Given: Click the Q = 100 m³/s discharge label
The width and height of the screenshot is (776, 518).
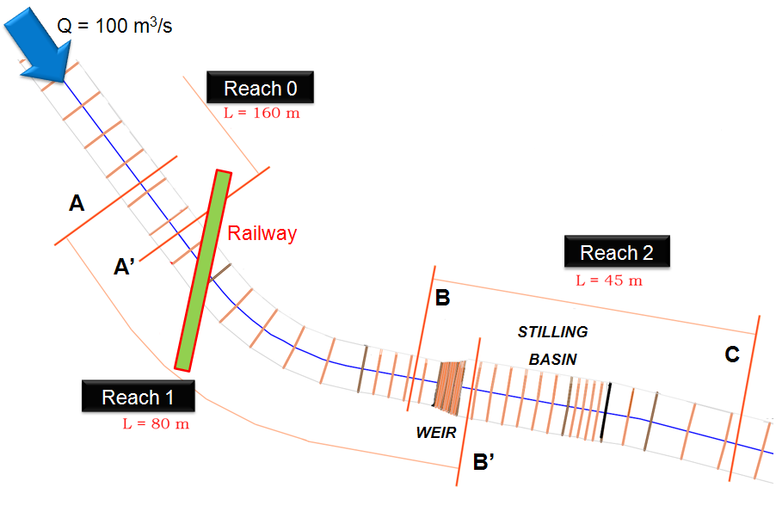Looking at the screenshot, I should [114, 25].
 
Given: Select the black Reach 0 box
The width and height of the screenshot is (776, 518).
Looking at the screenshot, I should [259, 88].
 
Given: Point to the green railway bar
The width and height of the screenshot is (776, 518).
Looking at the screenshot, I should [203, 270].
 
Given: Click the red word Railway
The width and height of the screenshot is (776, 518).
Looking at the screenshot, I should [262, 233].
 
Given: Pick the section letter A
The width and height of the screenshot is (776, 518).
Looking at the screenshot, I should [77, 204].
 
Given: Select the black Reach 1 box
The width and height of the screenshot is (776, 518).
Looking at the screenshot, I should [138, 397].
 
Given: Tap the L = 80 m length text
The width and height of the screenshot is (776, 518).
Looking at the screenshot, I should [156, 423].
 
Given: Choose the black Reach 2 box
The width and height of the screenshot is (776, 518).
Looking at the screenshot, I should [616, 252].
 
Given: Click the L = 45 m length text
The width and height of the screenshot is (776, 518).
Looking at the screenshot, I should [609, 281].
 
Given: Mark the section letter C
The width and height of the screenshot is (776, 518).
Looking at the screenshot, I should [732, 355].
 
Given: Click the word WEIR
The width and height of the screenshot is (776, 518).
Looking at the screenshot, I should [435, 433].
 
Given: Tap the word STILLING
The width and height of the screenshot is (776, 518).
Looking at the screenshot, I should [552, 331].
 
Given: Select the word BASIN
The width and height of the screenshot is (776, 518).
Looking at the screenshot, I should [552, 359].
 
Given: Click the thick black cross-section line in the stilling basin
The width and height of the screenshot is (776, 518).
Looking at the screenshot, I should [607, 412].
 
